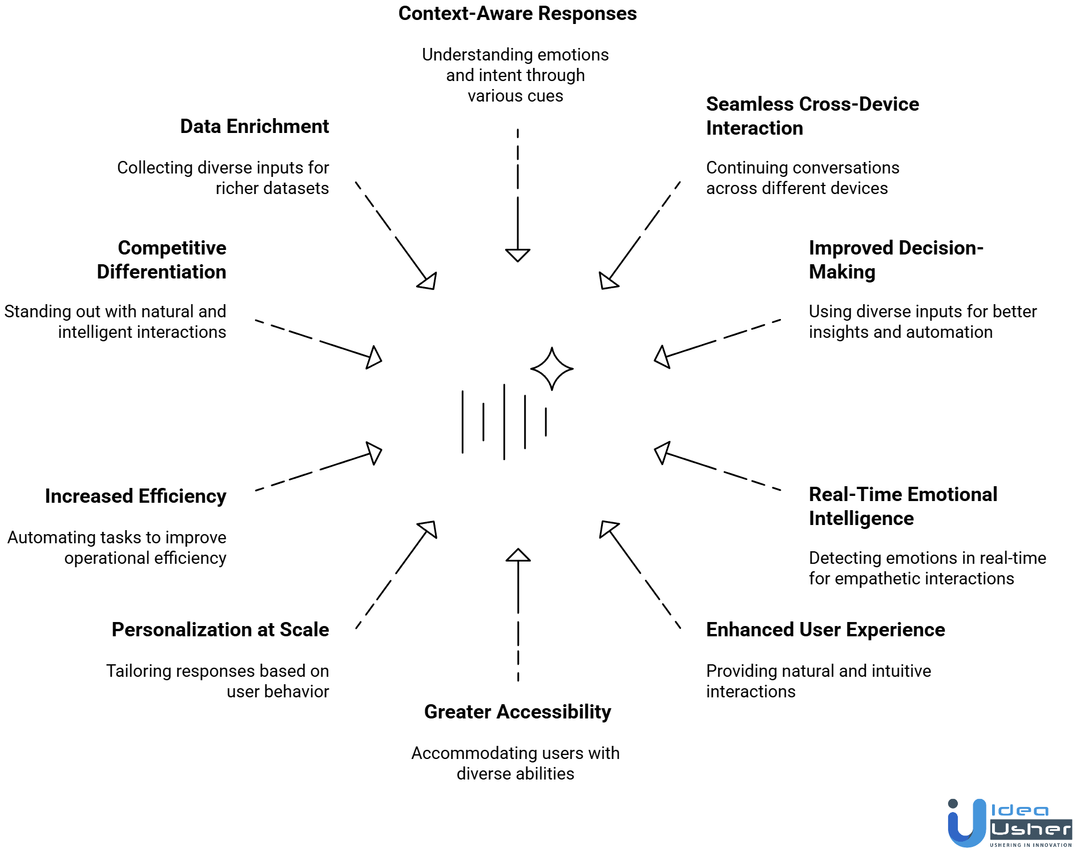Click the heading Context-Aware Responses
(x=517, y=14)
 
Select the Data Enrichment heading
(x=254, y=126)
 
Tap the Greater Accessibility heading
(x=517, y=712)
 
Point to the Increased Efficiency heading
(x=135, y=496)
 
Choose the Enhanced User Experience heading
(x=825, y=629)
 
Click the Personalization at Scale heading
(x=220, y=629)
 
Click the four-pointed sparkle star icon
(x=551, y=369)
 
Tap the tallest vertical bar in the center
(x=504, y=422)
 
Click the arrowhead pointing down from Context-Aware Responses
(x=518, y=255)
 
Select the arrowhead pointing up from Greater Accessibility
(x=518, y=555)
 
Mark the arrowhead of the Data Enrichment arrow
(x=429, y=281)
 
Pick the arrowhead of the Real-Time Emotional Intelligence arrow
(x=662, y=453)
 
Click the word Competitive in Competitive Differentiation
(x=172, y=248)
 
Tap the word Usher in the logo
(x=1030, y=829)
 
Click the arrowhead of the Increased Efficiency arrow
(x=374, y=453)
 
